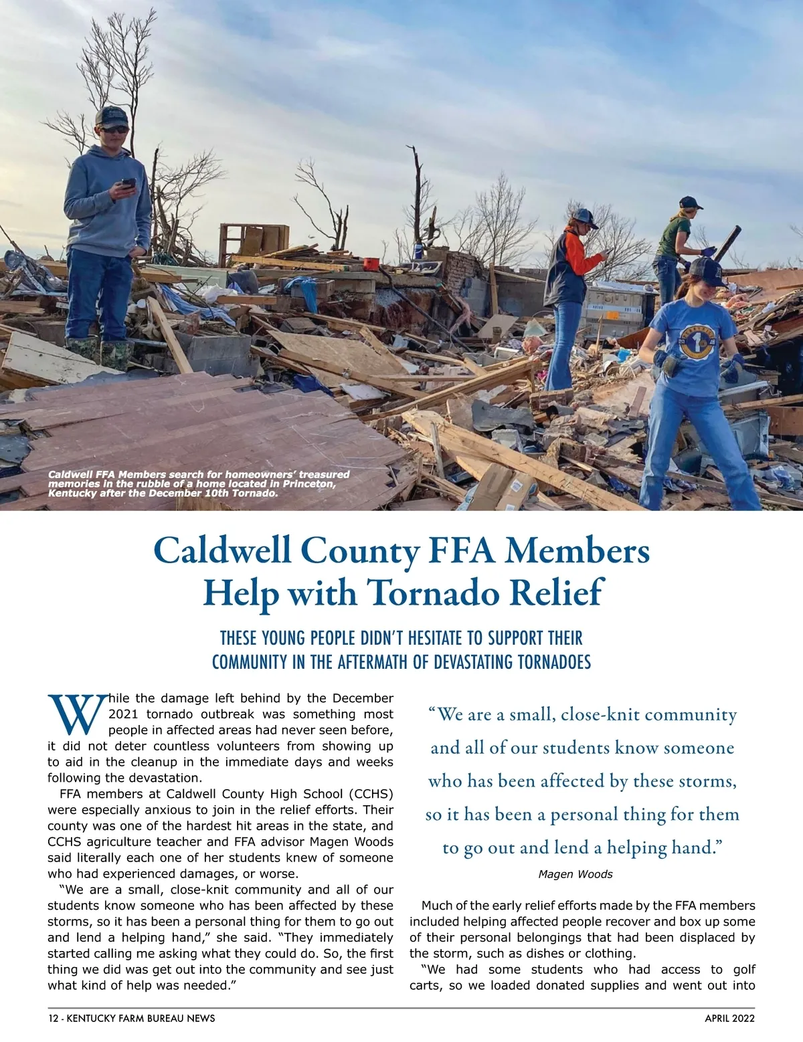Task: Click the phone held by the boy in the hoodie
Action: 128,183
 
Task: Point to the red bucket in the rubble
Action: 371,264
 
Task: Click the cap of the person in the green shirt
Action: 689,202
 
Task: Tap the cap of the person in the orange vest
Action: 584,216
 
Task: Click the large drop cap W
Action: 76,714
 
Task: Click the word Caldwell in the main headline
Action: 223,550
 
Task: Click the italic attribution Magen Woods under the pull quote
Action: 575,874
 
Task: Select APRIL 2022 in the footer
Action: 729,1019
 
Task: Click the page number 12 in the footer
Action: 53,1019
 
